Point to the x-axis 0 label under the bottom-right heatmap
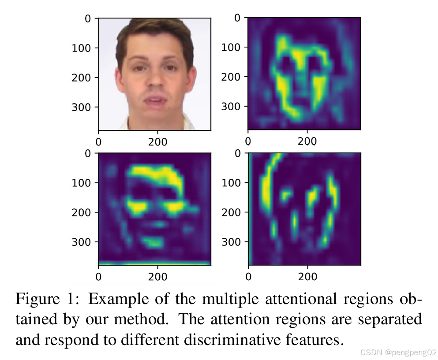pyautogui.click(x=248, y=277)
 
